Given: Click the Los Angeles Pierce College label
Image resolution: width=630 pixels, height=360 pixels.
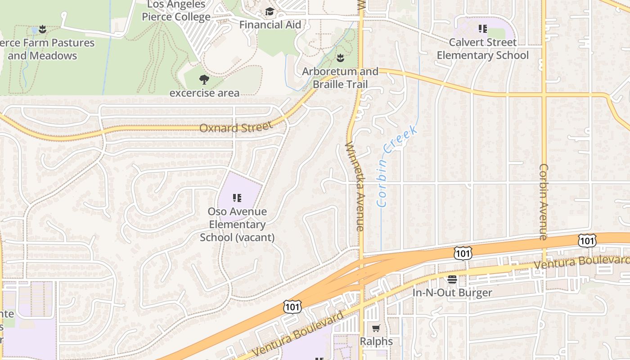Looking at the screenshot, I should pyautogui.click(x=176, y=11).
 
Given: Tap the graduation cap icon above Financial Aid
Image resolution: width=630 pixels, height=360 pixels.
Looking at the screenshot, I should pyautogui.click(x=270, y=12).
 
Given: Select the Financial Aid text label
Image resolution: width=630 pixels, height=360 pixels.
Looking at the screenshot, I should pyautogui.click(x=270, y=24).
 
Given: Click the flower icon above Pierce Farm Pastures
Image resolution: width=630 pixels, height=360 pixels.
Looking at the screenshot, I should pyautogui.click(x=42, y=29).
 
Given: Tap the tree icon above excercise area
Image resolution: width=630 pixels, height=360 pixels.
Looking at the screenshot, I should pyautogui.click(x=204, y=80).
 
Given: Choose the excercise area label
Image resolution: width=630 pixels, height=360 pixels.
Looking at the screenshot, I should pyautogui.click(x=204, y=93).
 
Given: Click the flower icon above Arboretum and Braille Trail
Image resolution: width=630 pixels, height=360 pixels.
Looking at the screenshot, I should pyautogui.click(x=340, y=58).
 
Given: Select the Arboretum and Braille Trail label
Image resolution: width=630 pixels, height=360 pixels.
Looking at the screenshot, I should pyautogui.click(x=340, y=78).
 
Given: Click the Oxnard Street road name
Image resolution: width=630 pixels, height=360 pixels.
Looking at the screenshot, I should pyautogui.click(x=236, y=127).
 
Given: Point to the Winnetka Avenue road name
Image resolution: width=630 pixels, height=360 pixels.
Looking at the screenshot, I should pyautogui.click(x=355, y=186).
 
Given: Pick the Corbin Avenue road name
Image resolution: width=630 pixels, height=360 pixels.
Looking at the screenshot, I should pyautogui.click(x=544, y=202).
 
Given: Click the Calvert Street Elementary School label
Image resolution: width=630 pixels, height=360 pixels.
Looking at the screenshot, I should pyautogui.click(x=483, y=49).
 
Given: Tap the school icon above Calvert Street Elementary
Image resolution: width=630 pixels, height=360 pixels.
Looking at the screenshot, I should pyautogui.click(x=483, y=29).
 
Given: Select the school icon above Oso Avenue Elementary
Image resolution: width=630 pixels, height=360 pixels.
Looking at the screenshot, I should pyautogui.click(x=237, y=198).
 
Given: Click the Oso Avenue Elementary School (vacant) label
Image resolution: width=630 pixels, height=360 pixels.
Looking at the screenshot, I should pyautogui.click(x=237, y=224).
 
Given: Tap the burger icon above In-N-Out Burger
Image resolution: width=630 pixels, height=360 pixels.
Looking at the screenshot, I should pyautogui.click(x=452, y=279).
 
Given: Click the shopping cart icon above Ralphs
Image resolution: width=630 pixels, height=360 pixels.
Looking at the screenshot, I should pyautogui.click(x=376, y=328).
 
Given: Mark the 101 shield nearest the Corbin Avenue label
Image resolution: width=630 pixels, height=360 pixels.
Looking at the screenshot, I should pyautogui.click(x=587, y=241).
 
